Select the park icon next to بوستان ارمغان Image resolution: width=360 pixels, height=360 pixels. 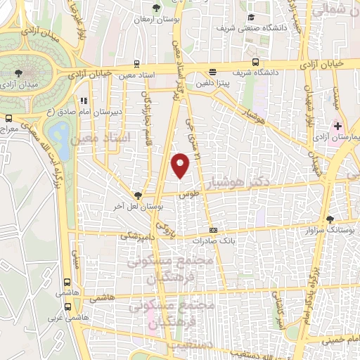(x=156, y=8)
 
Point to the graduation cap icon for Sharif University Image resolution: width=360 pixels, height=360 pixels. (x=250, y=19)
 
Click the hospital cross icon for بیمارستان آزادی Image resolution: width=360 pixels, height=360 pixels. (x=338, y=127)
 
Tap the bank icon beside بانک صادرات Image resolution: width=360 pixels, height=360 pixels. (x=214, y=230)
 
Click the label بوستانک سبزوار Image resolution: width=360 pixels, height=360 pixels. (x=316, y=229)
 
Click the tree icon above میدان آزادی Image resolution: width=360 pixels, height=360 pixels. (x=18, y=72)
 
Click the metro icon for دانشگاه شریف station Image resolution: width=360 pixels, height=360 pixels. (x=255, y=61)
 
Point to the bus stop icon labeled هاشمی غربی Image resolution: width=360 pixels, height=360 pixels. (x=68, y=307)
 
